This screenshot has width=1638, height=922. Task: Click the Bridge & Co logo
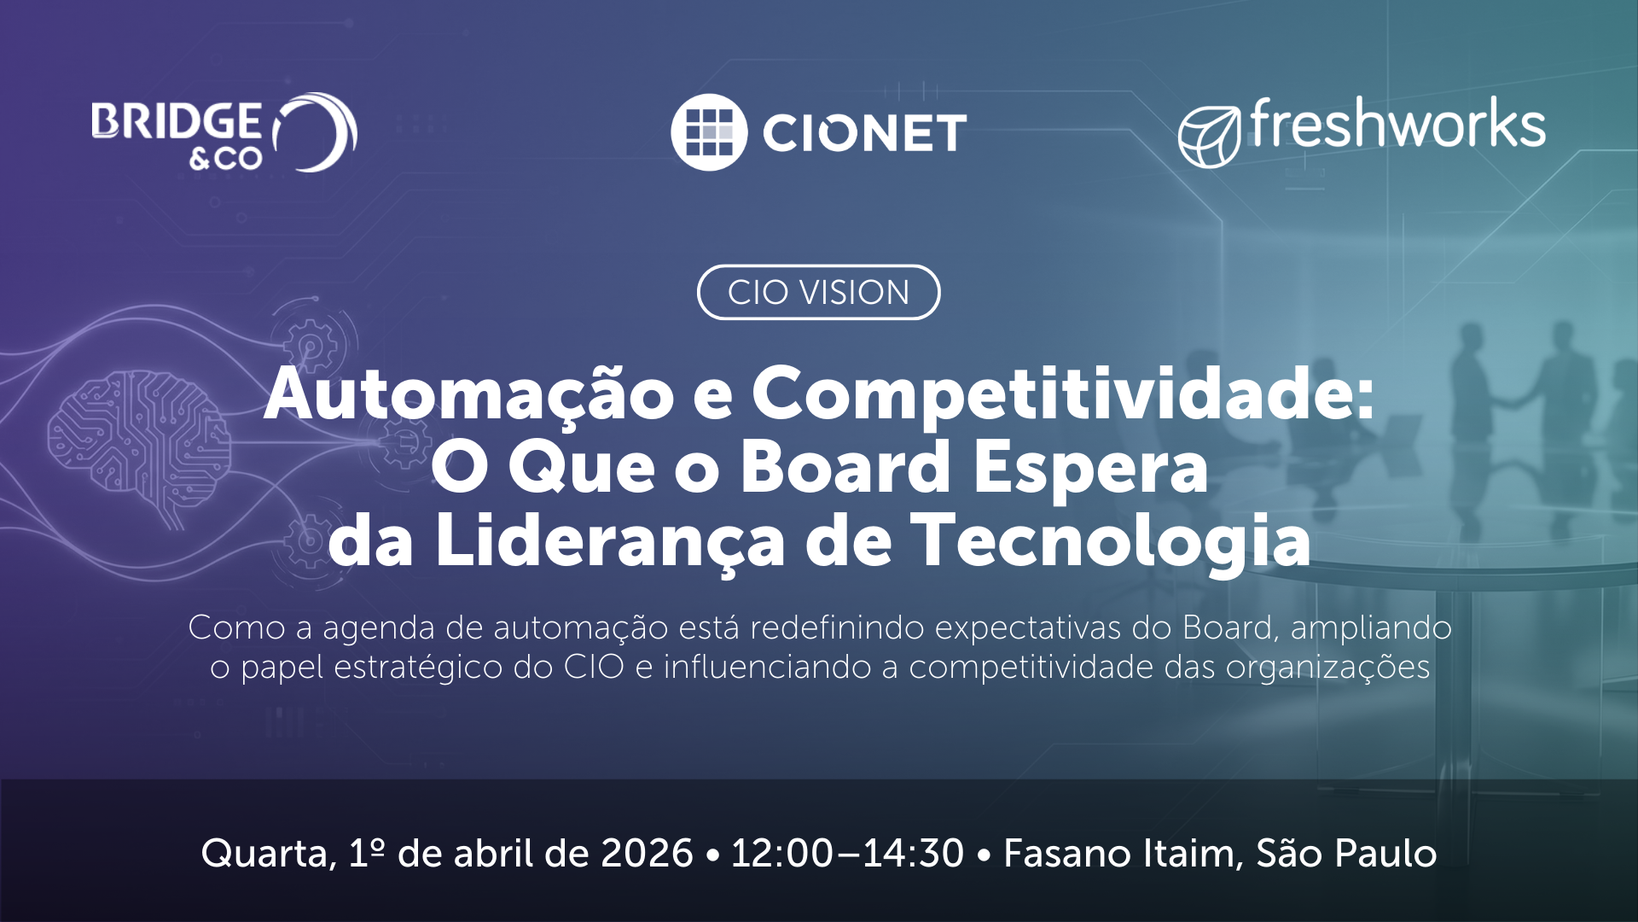224,132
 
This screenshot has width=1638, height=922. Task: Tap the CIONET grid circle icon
709,132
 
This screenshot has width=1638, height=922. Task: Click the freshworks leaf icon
1209,137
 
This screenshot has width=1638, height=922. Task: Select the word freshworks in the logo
1397,124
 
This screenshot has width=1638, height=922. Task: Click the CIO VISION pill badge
819,293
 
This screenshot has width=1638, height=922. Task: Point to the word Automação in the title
469,394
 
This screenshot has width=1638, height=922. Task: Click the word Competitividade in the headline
1063,394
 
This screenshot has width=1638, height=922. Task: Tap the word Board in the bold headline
845,467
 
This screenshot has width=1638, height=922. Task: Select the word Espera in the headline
1091,470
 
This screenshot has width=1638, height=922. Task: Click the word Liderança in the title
610,541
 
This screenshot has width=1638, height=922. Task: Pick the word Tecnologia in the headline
1112,543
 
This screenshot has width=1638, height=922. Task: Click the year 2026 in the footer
647,854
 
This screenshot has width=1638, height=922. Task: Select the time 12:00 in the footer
782,854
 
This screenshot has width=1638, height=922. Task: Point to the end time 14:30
913,854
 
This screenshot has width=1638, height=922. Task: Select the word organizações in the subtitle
1327,668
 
